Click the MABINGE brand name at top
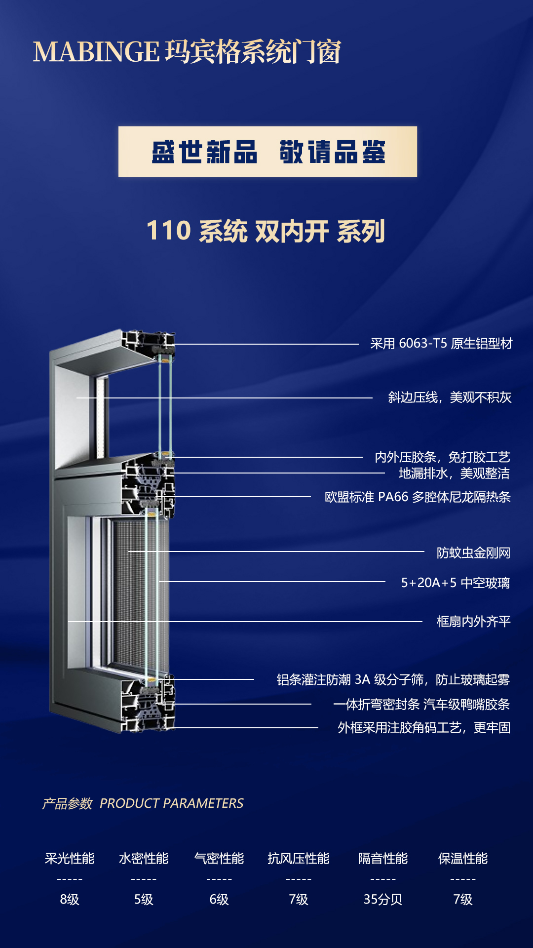[96, 51]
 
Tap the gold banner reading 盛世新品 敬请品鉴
[267, 152]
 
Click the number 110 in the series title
[169, 231]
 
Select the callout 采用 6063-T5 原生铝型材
[441, 344]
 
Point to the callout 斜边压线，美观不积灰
[450, 397]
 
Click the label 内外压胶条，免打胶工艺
[442, 457]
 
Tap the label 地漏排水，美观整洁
[454, 474]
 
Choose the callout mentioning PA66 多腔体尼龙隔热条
[418, 497]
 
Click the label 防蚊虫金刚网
[473, 553]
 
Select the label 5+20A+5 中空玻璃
[456, 583]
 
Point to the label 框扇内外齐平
[473, 621]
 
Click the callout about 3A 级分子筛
[393, 680]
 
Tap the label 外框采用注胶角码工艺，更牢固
[424, 728]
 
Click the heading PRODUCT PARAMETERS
[171, 803]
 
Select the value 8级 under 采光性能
[70, 900]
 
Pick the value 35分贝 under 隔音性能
[383, 900]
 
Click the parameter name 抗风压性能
[299, 859]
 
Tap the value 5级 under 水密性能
[144, 900]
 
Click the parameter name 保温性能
[463, 859]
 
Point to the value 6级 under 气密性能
[219, 900]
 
